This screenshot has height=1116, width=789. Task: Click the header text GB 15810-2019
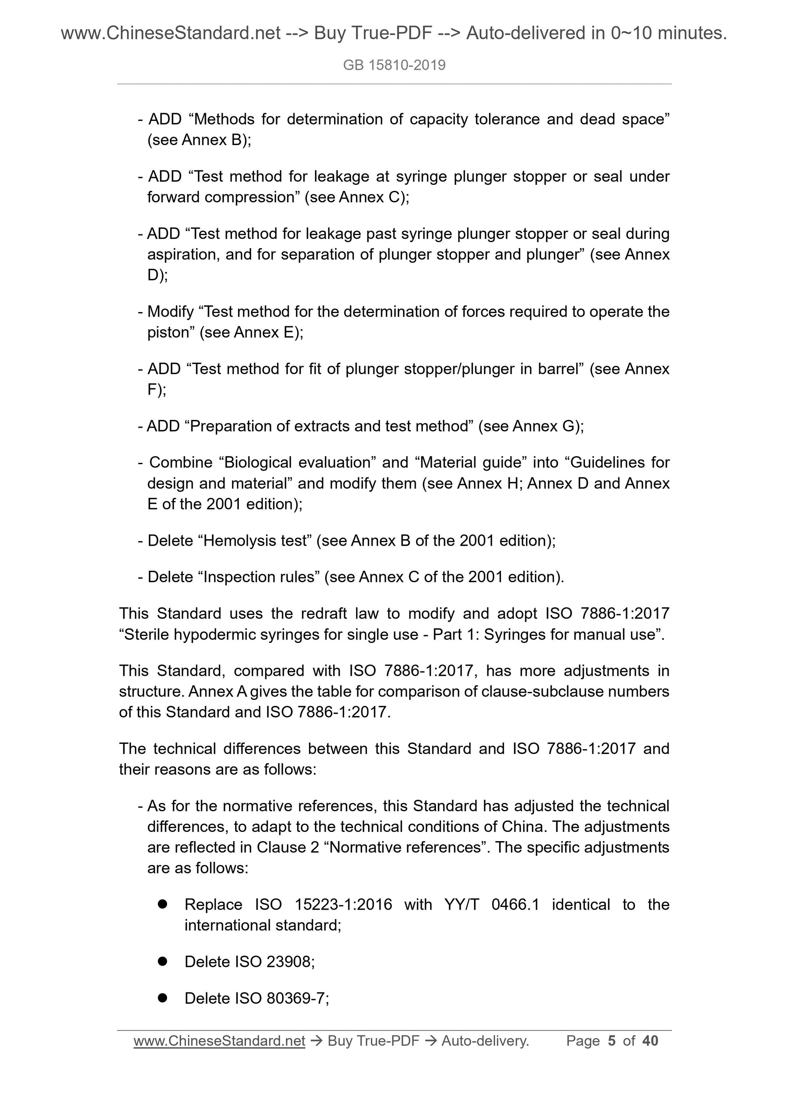click(394, 65)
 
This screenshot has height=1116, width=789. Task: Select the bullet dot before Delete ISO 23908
click(162, 962)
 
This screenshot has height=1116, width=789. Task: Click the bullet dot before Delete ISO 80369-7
click(162, 998)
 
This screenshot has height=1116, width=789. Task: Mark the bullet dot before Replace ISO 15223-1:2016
click(162, 904)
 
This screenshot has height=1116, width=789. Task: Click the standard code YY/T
click(461, 904)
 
